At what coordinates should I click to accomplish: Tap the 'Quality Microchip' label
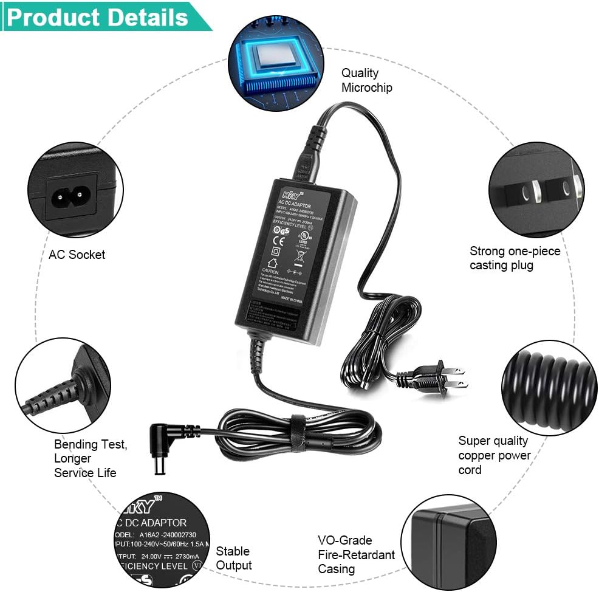click(366, 80)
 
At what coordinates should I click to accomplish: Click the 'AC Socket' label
click(77, 255)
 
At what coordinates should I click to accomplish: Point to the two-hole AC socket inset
click(75, 190)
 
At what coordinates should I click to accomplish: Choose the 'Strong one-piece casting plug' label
click(515, 258)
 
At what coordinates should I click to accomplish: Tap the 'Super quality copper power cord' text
click(495, 455)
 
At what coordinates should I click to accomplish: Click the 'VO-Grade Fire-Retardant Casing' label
click(356, 554)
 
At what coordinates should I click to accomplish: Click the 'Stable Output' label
click(233, 558)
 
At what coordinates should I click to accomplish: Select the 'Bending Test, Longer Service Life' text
click(91, 458)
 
